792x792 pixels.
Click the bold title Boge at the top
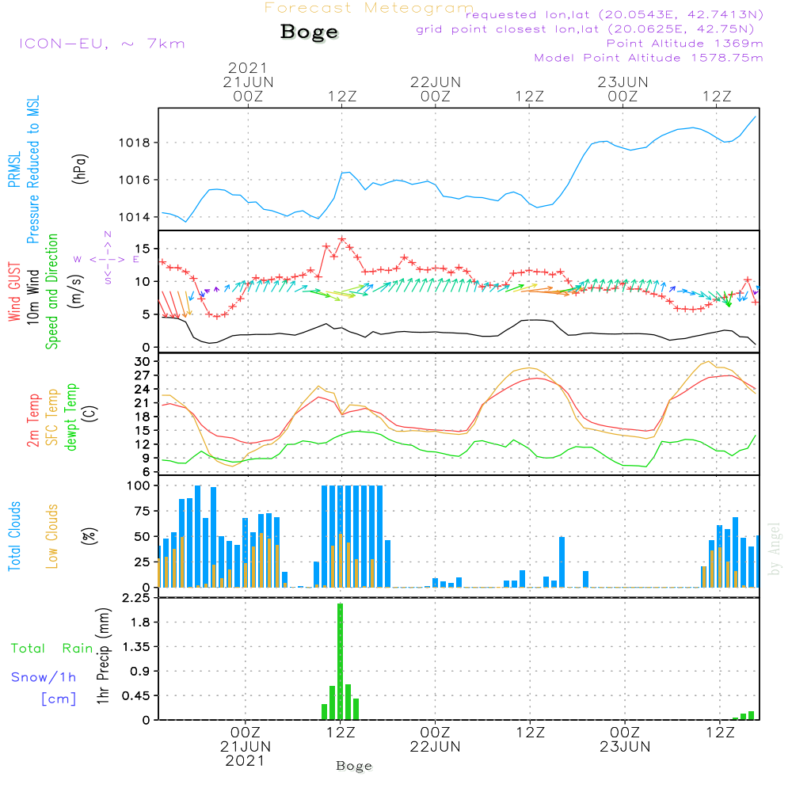pyautogui.click(x=309, y=32)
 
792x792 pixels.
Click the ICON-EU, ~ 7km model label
pyautogui.click(x=101, y=44)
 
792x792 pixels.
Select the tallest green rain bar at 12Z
pyautogui.click(x=340, y=661)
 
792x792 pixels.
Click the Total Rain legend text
pyautogui.click(x=51, y=649)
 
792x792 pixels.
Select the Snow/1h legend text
pyautogui.click(x=44, y=677)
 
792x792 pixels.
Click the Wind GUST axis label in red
pyautogui.click(x=14, y=293)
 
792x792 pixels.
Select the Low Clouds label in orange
pyautogui.click(x=53, y=536)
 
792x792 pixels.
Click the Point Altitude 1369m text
pyautogui.click(x=684, y=44)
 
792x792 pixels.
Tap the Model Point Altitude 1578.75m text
pyautogui.click(x=649, y=58)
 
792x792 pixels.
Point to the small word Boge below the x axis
pyautogui.click(x=354, y=766)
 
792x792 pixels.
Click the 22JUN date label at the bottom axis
pyautogui.click(x=435, y=746)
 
